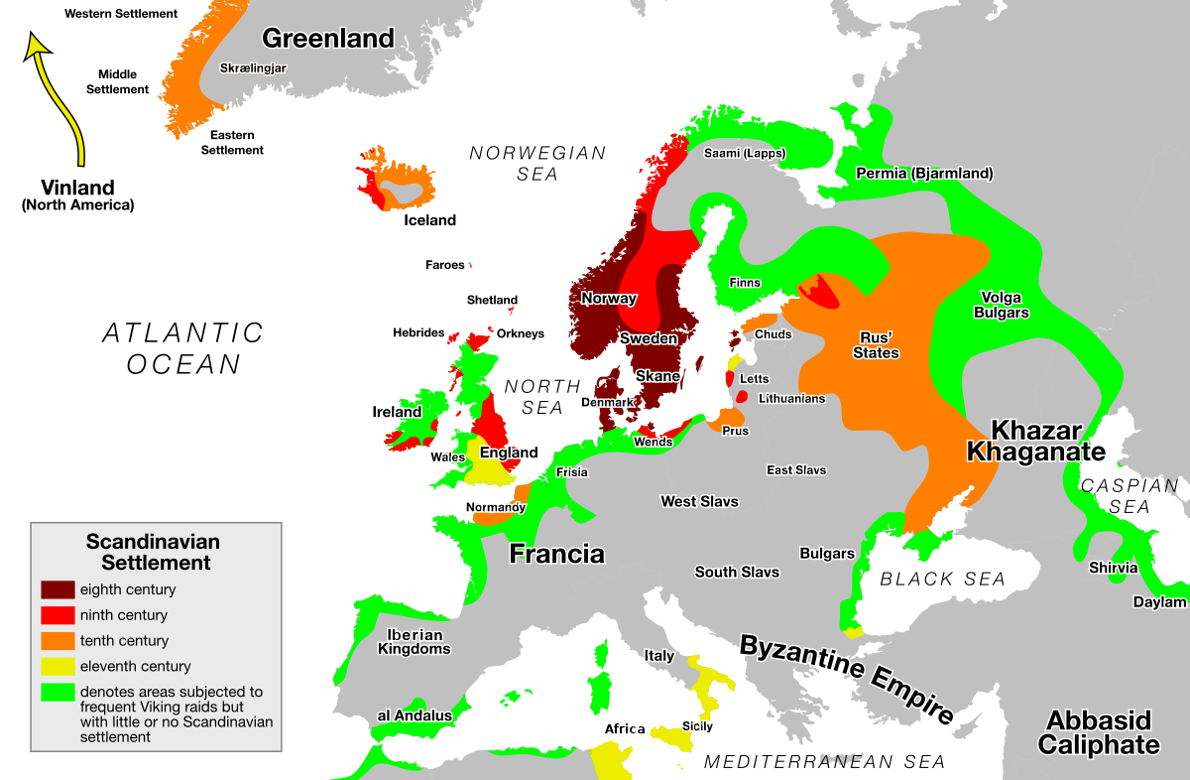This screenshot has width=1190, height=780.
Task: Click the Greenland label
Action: point(328,39)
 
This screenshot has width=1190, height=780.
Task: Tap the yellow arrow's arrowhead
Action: point(37,45)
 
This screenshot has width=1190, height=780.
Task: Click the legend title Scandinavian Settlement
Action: point(153,552)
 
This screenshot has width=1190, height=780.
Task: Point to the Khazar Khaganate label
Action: point(1035,441)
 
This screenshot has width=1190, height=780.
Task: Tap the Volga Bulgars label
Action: point(1001,305)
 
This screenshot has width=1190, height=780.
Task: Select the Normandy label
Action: point(495,507)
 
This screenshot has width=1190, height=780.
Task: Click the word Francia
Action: point(556,554)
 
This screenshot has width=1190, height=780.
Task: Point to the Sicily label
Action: point(697,726)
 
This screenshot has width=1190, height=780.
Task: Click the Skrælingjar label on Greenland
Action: point(255,68)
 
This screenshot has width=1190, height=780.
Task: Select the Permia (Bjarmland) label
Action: point(924,174)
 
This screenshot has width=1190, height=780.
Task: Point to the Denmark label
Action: point(607,402)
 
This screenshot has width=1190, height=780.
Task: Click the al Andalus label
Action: point(414,715)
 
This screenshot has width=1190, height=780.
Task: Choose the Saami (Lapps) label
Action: point(744,153)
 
